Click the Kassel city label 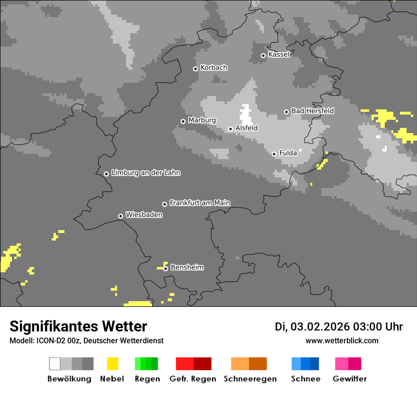(279, 54)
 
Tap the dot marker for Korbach (195, 69)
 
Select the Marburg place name (202, 120)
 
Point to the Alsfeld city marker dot (230, 129)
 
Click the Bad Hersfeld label (312, 111)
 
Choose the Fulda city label (288, 153)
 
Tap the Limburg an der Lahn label (145, 173)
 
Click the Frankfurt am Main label (199, 203)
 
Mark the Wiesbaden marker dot (120, 216)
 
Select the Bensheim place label (187, 268)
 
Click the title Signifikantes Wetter (78, 326)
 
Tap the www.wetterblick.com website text (342, 340)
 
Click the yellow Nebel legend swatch (112, 364)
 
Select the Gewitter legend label (349, 379)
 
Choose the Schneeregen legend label (250, 379)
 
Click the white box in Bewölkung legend (55, 364)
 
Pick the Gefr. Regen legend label (192, 379)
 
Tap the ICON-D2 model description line (86, 340)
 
